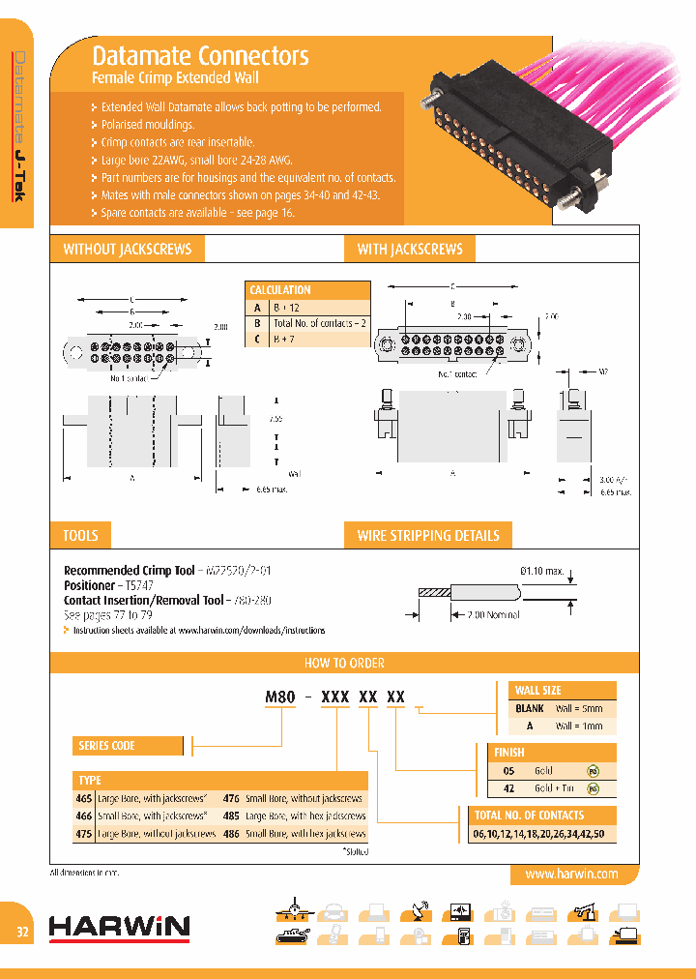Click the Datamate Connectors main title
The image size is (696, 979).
pos(200,56)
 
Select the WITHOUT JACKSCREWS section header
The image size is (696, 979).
pos(127,250)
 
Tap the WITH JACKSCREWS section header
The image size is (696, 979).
pos(410,250)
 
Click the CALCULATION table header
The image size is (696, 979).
pos(280,290)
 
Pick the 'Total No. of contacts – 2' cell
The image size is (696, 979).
pos(319,323)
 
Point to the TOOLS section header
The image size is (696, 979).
pos(80,535)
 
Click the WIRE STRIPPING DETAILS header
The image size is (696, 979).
pos(428,535)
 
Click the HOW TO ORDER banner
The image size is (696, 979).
pos(344,663)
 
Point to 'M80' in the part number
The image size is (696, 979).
pos(280,697)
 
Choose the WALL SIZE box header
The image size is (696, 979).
pos(538,691)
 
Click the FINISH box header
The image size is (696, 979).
pos(509,752)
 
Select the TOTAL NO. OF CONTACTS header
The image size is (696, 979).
pos(529,815)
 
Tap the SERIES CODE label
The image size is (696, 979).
pos(106,746)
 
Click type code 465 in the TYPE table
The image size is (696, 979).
pos(84,799)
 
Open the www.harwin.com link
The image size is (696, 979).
pos(571,874)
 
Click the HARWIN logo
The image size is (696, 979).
pos(119,927)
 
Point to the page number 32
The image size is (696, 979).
pos(21,933)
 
